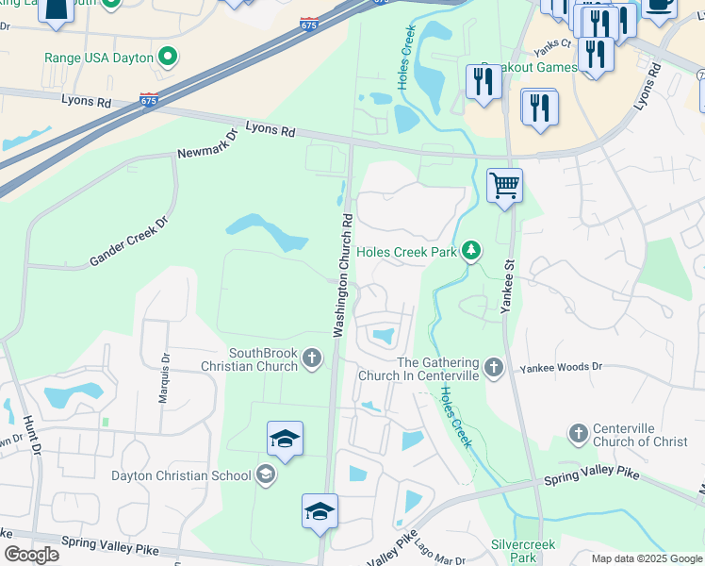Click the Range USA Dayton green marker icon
click(169, 58)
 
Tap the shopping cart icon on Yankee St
click(505, 186)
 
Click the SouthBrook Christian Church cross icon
click(312, 358)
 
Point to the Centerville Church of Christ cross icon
click(578, 434)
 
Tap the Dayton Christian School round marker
click(266, 475)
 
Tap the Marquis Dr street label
click(166, 361)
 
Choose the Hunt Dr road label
click(37, 442)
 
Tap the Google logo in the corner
click(31, 555)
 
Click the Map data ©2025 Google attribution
click(646, 558)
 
